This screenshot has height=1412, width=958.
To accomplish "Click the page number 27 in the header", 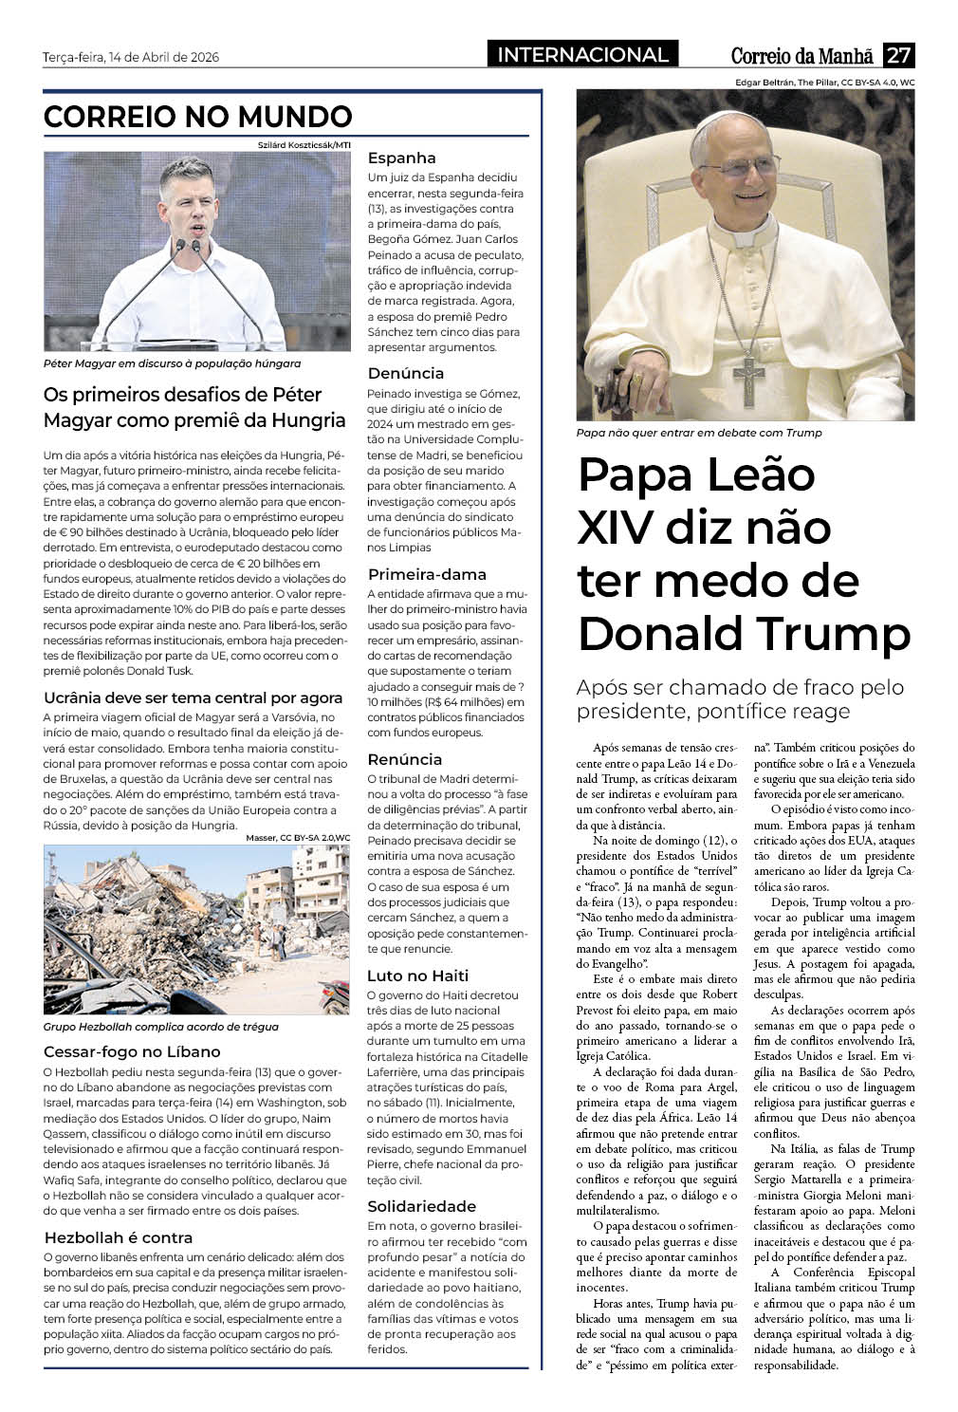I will pos(898,55).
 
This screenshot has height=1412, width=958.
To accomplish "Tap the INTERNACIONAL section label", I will pos(582,55).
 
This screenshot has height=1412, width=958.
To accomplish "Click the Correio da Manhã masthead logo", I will pos(804,56).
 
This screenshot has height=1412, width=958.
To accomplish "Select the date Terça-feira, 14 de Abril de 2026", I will pos(131,57).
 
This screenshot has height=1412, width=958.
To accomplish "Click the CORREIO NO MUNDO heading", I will pos(198,117).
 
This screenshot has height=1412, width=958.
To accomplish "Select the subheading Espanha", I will pos(401,158).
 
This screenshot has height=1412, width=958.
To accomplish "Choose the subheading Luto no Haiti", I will pos(417,975).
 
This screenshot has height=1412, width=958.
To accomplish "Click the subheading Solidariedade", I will pos(421,1206).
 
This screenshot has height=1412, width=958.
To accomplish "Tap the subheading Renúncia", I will pos(404,759).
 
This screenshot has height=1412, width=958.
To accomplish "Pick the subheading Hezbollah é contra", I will pos(119,1237).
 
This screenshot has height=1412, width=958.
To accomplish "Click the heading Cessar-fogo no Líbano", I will pos(132,1051).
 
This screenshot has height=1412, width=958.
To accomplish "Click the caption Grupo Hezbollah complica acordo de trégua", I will pos(161,1027).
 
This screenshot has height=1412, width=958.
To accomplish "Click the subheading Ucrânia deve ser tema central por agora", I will pos(193,697).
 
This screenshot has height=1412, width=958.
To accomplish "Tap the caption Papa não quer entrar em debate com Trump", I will pos(699,433).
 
